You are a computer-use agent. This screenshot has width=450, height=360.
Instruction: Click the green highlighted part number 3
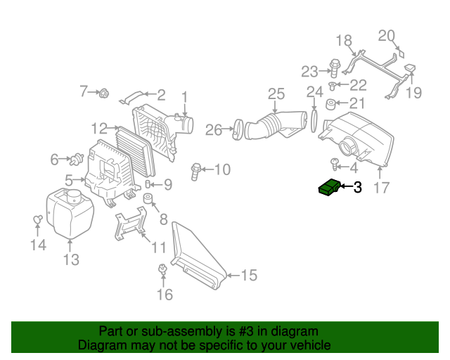click(329, 188)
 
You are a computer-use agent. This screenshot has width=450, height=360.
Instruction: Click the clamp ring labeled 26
click(238, 129)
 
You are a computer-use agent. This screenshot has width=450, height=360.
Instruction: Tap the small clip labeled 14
click(38, 221)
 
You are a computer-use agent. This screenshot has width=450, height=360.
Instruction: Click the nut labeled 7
click(104, 92)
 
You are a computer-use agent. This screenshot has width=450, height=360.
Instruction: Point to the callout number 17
click(381, 188)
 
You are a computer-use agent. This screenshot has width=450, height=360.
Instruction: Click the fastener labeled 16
click(163, 269)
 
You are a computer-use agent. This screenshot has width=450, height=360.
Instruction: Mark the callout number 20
click(387, 36)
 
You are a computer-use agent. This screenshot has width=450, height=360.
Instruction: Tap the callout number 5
click(69, 180)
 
